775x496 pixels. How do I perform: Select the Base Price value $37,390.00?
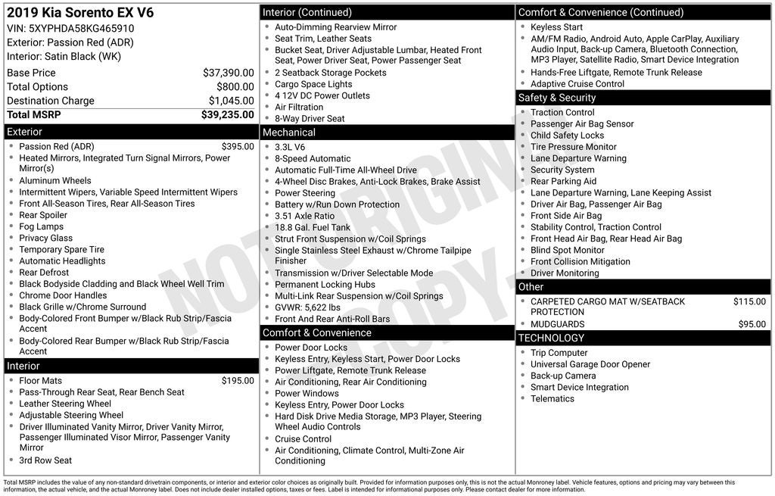click(228, 73)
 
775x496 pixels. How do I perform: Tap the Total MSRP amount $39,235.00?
click(227, 114)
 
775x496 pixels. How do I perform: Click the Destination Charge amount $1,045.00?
click(231, 101)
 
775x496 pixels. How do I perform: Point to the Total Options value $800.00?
click(235, 87)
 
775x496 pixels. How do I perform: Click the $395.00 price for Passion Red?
click(238, 146)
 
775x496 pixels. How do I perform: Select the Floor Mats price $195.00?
click(238, 380)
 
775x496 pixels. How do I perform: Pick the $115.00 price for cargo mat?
click(749, 301)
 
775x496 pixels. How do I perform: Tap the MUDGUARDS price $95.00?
click(752, 324)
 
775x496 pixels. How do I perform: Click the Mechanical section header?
click(289, 133)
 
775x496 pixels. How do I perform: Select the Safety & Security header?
click(557, 98)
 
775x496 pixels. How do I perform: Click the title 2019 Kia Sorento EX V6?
click(79, 13)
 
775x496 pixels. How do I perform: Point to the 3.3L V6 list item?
click(290, 147)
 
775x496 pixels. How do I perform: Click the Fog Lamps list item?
click(41, 226)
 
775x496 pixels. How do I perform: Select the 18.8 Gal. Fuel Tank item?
click(313, 227)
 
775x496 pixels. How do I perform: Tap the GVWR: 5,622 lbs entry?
click(307, 307)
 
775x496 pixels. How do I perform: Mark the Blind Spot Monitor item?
click(567, 250)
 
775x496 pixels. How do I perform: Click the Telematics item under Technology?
click(552, 398)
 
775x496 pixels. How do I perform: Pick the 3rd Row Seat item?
click(45, 460)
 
